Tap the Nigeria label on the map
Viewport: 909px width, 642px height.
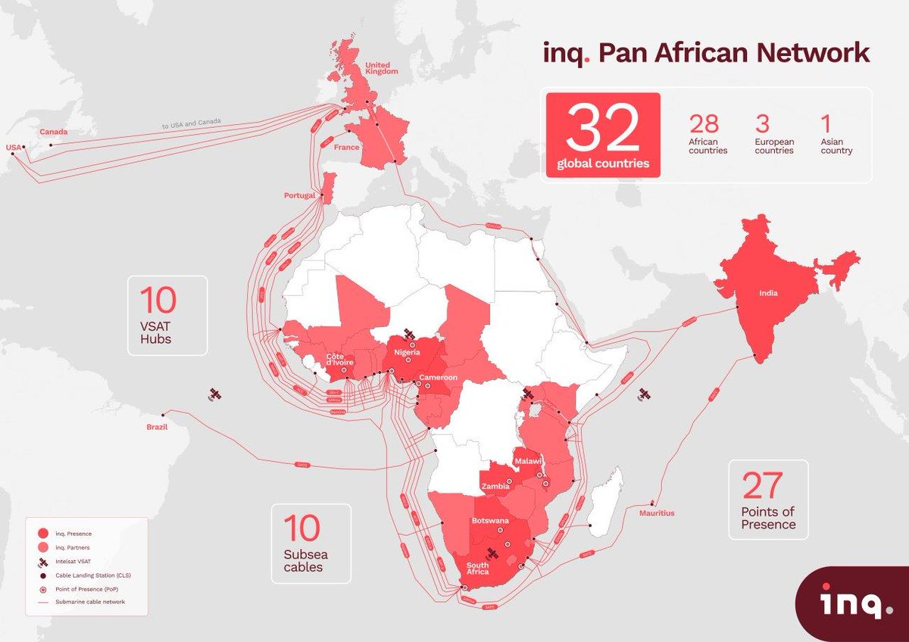coord(407,352)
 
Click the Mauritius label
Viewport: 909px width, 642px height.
coord(655,513)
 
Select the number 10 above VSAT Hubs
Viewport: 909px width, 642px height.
coord(158,301)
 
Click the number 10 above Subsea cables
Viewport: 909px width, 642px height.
coord(301,528)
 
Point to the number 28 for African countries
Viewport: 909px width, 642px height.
coord(704,124)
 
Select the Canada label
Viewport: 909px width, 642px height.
coord(54,132)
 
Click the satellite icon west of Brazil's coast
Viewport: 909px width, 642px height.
coord(214,394)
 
